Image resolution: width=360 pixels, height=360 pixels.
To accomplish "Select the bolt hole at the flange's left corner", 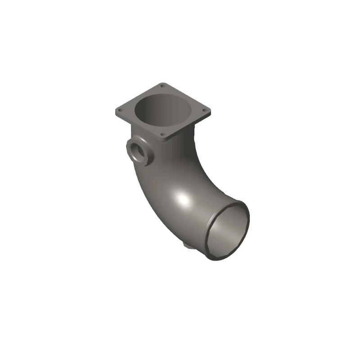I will point(120,109).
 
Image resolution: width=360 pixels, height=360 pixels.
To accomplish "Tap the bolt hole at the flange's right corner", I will point(205,110).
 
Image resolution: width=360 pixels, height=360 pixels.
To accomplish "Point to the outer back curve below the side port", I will point(144,189).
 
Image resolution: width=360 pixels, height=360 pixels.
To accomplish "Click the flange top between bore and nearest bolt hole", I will point(162,128).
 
